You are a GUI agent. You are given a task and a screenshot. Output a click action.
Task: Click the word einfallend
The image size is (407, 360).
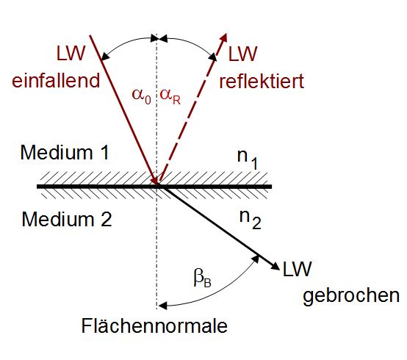click(56, 81)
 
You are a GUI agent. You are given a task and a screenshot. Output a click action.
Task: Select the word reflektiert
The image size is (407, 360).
click(262, 81)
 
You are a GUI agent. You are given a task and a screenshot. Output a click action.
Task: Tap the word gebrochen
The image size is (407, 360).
click(351, 295)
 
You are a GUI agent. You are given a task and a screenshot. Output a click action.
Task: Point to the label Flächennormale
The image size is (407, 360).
click(154, 325)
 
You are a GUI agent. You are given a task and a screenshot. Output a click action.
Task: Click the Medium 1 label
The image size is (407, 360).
click(65, 152)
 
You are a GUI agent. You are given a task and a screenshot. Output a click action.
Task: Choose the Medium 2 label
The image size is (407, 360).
click(67, 220)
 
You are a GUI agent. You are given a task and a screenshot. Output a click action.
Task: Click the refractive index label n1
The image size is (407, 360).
click(248, 159)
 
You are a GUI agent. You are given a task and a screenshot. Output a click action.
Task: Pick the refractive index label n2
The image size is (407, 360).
click(250, 220)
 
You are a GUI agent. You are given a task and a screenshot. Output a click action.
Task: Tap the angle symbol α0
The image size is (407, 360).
click(142, 96)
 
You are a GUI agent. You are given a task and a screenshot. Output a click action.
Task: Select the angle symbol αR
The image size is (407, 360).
click(170, 96)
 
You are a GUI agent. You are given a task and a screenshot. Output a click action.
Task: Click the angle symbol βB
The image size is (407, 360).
click(203, 278)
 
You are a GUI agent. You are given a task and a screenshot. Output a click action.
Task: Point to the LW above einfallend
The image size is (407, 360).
click(71, 54)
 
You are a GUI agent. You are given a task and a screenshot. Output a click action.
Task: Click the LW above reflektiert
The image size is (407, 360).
click(242, 54)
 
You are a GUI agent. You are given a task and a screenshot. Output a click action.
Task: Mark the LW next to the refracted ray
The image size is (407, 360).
click(297, 269)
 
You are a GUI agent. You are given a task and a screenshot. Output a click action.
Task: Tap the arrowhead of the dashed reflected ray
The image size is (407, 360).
click(223, 38)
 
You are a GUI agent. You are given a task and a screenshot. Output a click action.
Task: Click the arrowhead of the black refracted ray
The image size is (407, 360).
click(275, 266)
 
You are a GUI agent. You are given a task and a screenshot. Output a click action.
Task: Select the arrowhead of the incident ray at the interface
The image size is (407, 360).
click(155, 180)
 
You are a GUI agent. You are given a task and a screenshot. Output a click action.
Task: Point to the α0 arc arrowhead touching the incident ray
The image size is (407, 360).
click(105, 57)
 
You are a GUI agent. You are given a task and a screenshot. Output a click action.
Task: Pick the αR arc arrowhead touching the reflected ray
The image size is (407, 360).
click(212, 57)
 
